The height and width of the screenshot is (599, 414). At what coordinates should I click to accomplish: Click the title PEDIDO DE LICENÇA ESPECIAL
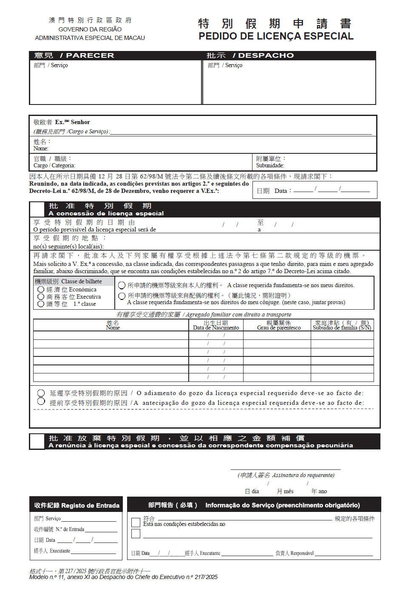coord(276,36)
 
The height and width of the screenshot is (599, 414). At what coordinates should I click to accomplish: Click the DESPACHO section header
coord(266,56)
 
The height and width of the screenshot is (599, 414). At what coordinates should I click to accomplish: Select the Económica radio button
coord(41,289)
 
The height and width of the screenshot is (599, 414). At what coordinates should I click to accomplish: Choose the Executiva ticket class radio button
coord(41,297)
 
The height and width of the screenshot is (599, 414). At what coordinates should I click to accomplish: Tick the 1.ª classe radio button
coord(41,304)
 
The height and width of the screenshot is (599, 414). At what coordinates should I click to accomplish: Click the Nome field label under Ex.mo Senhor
coord(41,148)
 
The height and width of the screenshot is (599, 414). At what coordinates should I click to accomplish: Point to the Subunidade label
coord(270,165)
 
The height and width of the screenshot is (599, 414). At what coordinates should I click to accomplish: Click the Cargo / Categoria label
coord(54,165)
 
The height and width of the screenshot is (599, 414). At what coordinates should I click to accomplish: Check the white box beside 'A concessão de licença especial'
coord(37,209)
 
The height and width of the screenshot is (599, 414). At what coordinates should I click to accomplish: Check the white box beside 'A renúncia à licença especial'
coord(37,441)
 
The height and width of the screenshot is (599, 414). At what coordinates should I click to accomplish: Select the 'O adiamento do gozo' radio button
coord(41,393)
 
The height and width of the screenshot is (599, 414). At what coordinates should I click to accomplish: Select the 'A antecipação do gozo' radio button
coord(41,401)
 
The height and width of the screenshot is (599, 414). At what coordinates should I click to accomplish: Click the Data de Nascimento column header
coord(216,328)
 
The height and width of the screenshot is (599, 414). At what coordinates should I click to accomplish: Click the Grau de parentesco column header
coord(279,328)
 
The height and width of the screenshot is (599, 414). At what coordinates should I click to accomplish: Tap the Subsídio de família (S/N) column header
coord(342,328)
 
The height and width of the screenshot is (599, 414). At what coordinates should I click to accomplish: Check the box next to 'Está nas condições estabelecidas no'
coord(136,522)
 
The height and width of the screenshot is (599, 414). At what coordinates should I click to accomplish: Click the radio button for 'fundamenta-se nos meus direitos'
coord(122,285)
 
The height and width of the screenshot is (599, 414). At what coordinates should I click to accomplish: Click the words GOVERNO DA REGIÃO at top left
coord(90,29)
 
